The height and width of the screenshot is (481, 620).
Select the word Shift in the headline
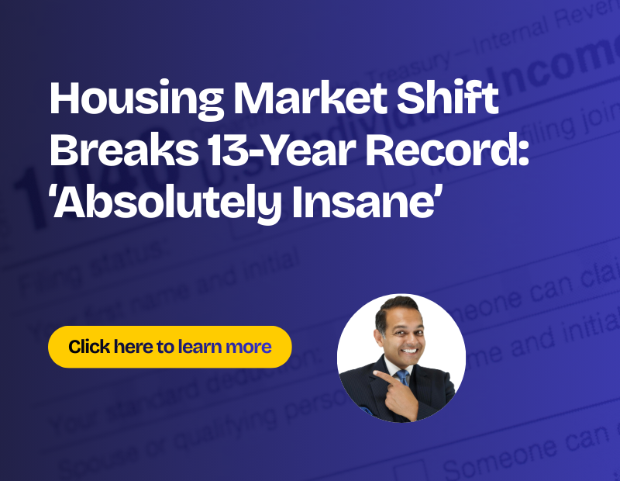(456, 101)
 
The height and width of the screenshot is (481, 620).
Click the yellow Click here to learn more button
(170, 346)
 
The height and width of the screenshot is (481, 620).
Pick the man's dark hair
(395, 305)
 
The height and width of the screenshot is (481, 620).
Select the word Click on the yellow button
(88, 346)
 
